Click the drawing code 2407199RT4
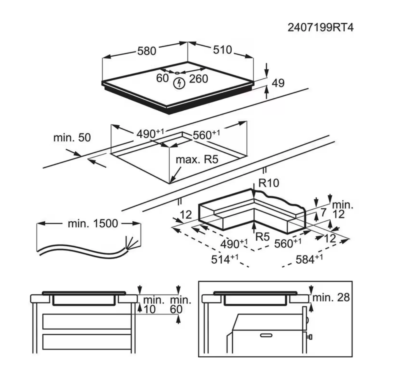click(320, 28)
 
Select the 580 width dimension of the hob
click(147, 51)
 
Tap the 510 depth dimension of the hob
click(222, 50)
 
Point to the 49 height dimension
click(278, 83)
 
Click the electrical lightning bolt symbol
click(179, 83)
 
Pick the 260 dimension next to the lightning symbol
click(198, 79)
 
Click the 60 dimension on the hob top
click(162, 78)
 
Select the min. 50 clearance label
click(72, 138)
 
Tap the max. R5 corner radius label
click(197, 160)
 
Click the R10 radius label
click(268, 183)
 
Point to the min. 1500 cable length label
click(93, 224)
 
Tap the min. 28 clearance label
click(331, 298)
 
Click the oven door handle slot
click(266, 335)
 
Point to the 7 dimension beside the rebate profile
click(323, 212)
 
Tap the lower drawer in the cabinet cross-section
click(87, 341)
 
